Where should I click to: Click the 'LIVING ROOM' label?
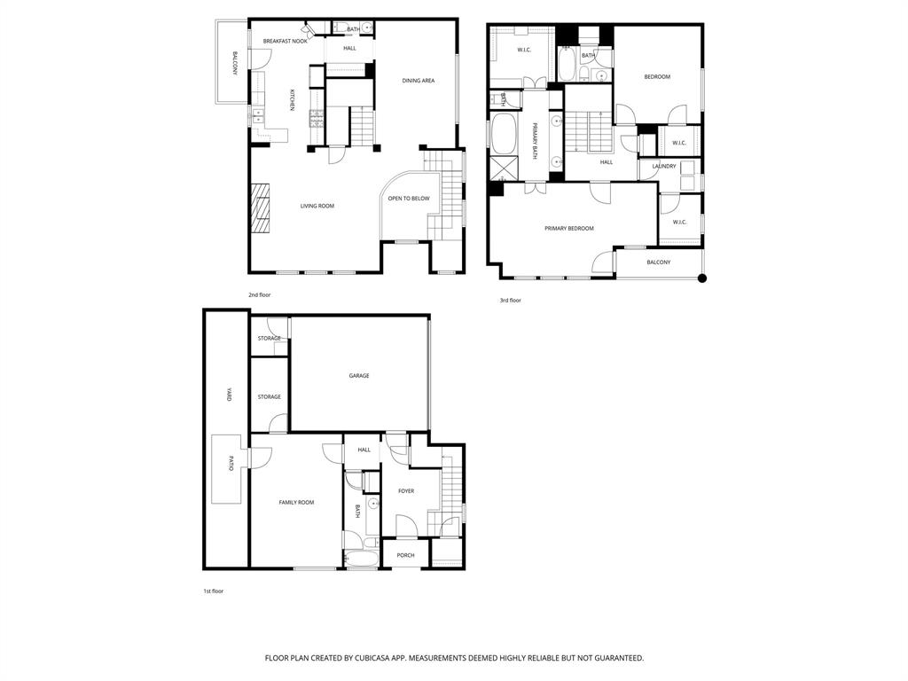pyautogui.click(x=317, y=206)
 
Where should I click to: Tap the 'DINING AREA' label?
pyautogui.click(x=418, y=81)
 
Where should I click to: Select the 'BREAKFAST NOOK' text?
pyautogui.click(x=286, y=41)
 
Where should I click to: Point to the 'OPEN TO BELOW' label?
pyautogui.click(x=408, y=199)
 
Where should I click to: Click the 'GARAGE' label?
pyautogui.click(x=358, y=375)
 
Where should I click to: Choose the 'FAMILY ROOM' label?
pyautogui.click(x=296, y=503)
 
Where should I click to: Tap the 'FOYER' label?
pyautogui.click(x=406, y=490)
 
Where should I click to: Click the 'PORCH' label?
pyautogui.click(x=405, y=555)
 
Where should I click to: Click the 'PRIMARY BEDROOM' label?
pyautogui.click(x=568, y=228)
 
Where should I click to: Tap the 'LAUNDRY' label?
pyautogui.click(x=664, y=166)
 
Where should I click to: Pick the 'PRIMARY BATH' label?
pyautogui.click(x=535, y=139)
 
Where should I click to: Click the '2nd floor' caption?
pyautogui.click(x=260, y=294)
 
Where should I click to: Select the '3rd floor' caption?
pyautogui.click(x=510, y=300)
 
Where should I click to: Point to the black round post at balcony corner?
pyautogui.click(x=702, y=278)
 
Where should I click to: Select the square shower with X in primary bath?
pyautogui.click(x=505, y=168)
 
